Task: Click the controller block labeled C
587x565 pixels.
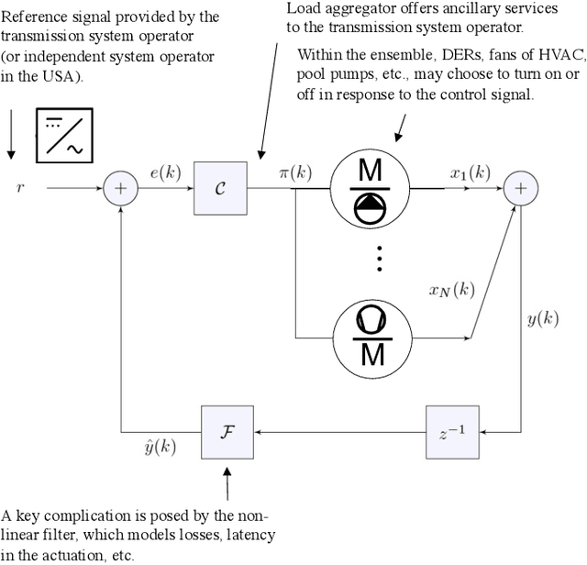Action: [x=221, y=188]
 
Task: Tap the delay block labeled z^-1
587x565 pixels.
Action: [x=453, y=431]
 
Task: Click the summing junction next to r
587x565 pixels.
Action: [x=119, y=188]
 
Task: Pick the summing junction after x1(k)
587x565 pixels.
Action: [x=520, y=188]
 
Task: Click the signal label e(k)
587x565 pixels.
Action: [x=164, y=172]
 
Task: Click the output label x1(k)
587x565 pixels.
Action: [x=470, y=172]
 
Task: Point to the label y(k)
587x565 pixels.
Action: [x=543, y=319]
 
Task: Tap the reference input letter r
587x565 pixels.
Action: [x=19, y=188]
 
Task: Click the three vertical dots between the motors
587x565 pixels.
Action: [x=380, y=261]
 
